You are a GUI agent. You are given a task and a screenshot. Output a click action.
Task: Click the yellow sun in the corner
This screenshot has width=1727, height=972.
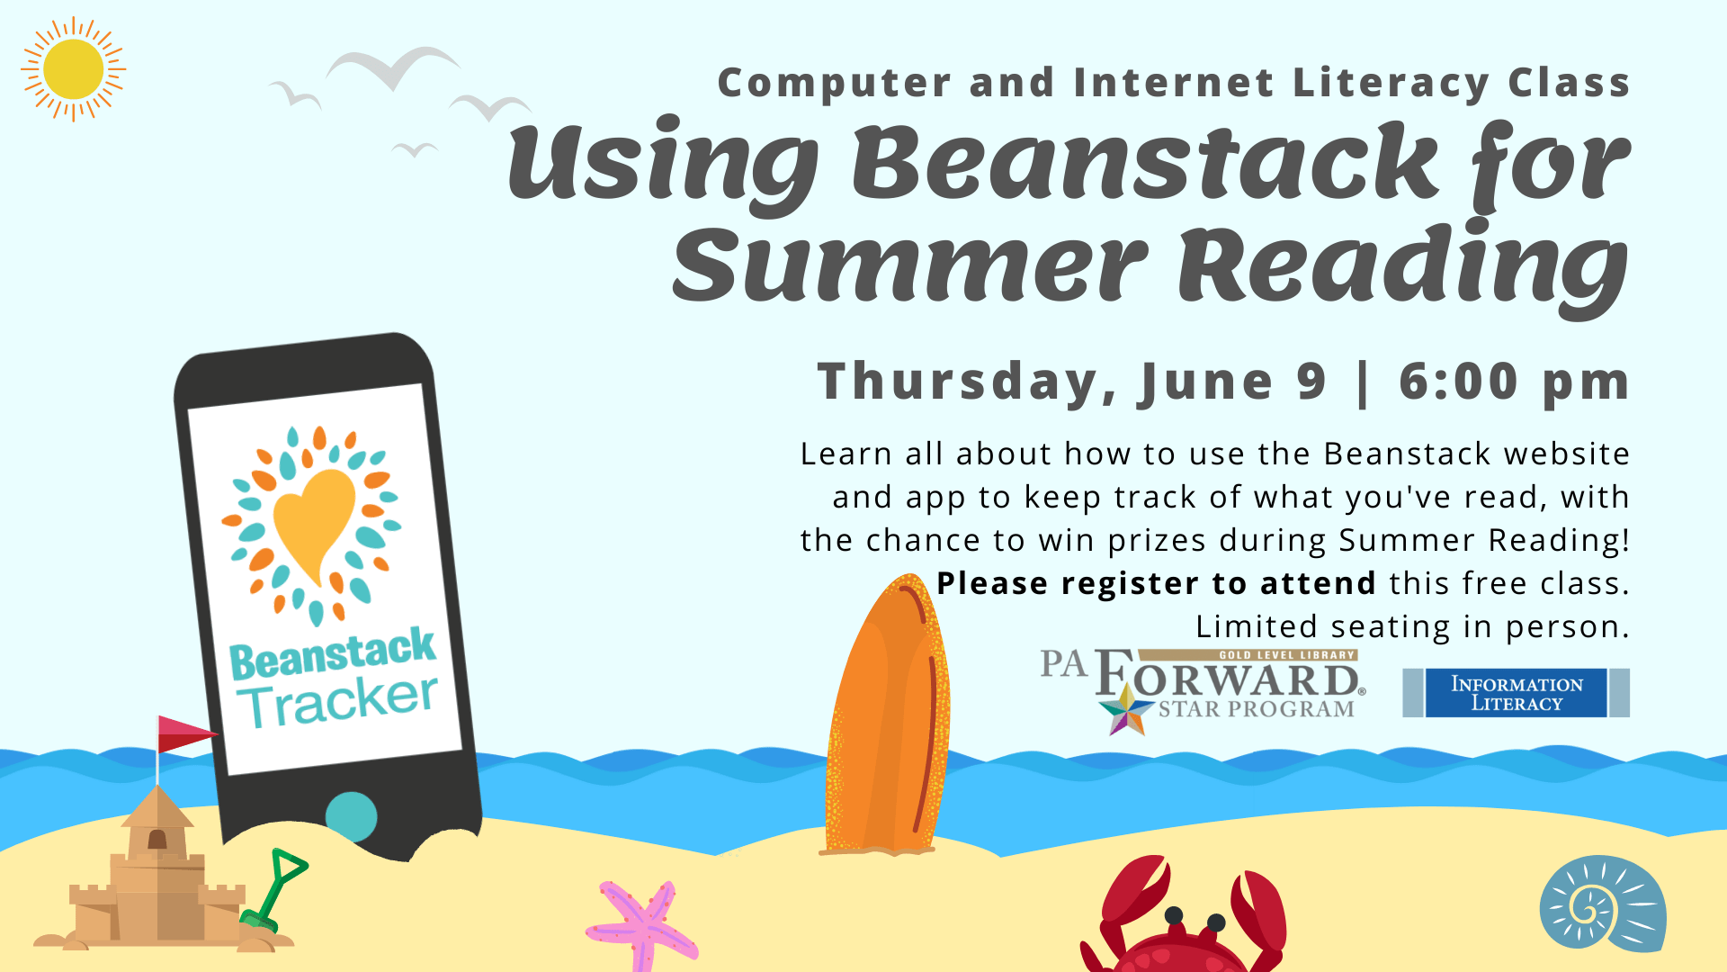click(73, 69)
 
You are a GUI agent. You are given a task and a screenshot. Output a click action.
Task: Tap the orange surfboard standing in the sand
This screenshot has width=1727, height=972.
click(886, 720)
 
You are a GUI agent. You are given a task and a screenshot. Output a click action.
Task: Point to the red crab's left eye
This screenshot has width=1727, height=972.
click(1174, 915)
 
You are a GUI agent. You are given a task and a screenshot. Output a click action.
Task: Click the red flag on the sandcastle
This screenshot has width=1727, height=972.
click(183, 733)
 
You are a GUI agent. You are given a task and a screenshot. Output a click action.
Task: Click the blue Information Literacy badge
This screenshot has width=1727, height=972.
click(1516, 693)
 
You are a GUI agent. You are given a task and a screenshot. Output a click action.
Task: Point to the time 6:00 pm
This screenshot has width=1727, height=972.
click(1513, 382)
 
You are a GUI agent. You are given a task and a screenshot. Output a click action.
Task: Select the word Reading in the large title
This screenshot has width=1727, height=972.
click(1403, 265)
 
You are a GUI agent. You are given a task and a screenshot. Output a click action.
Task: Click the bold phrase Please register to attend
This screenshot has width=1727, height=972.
click(1156, 583)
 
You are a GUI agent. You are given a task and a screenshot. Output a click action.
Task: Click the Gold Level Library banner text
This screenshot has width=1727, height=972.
click(1286, 655)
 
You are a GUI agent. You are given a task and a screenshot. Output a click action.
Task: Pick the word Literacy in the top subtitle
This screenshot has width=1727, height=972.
click(1391, 83)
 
